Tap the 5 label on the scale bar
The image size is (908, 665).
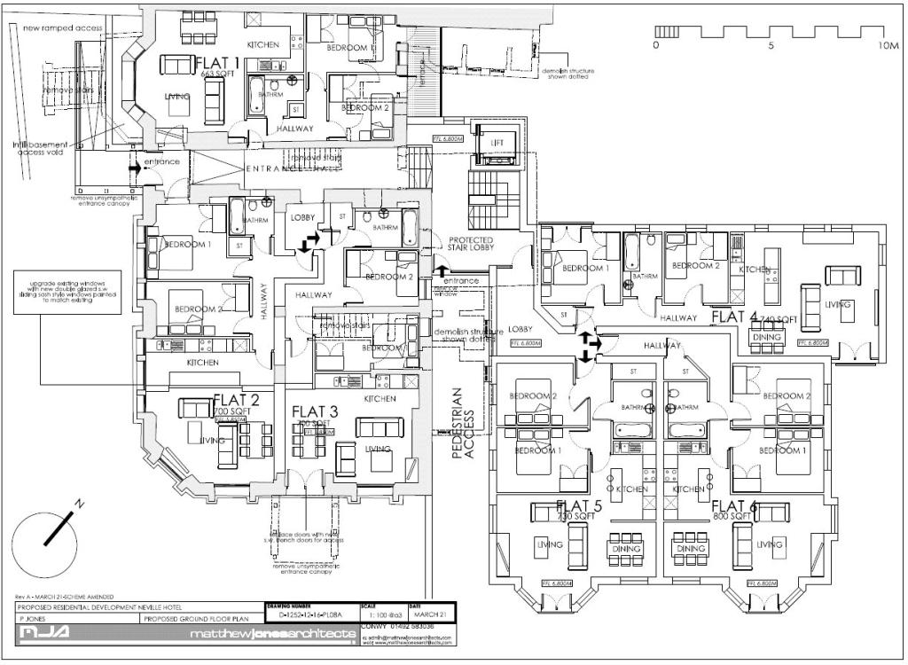[x=771, y=44]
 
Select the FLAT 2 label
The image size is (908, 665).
[x=236, y=399]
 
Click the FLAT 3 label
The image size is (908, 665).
[x=314, y=411]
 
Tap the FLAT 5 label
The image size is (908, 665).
[x=579, y=506]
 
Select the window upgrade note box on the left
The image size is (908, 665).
[x=63, y=293]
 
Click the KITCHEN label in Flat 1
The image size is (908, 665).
[x=263, y=44]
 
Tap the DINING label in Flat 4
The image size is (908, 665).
[x=766, y=337]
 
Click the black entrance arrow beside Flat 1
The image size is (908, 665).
[x=133, y=166]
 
